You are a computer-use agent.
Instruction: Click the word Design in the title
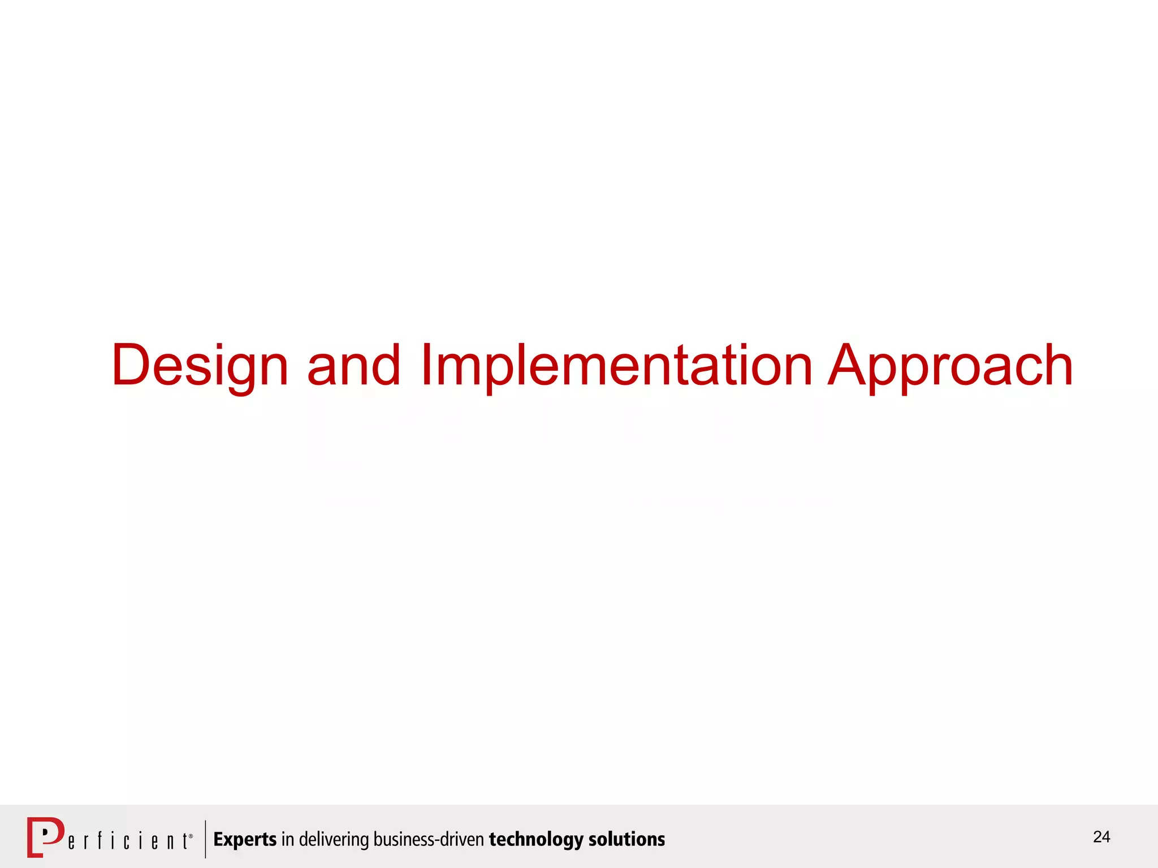200,366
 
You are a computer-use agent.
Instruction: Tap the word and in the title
353,366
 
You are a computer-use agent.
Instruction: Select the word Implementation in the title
616,366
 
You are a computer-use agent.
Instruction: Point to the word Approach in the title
950,366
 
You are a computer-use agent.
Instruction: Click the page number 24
1101,837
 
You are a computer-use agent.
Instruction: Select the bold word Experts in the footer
245,840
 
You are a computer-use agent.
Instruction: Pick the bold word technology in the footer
536,840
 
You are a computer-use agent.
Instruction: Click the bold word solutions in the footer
626,840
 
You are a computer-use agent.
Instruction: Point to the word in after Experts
287,840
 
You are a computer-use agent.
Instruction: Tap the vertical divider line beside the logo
205,839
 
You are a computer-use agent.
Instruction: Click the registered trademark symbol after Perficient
191,836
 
